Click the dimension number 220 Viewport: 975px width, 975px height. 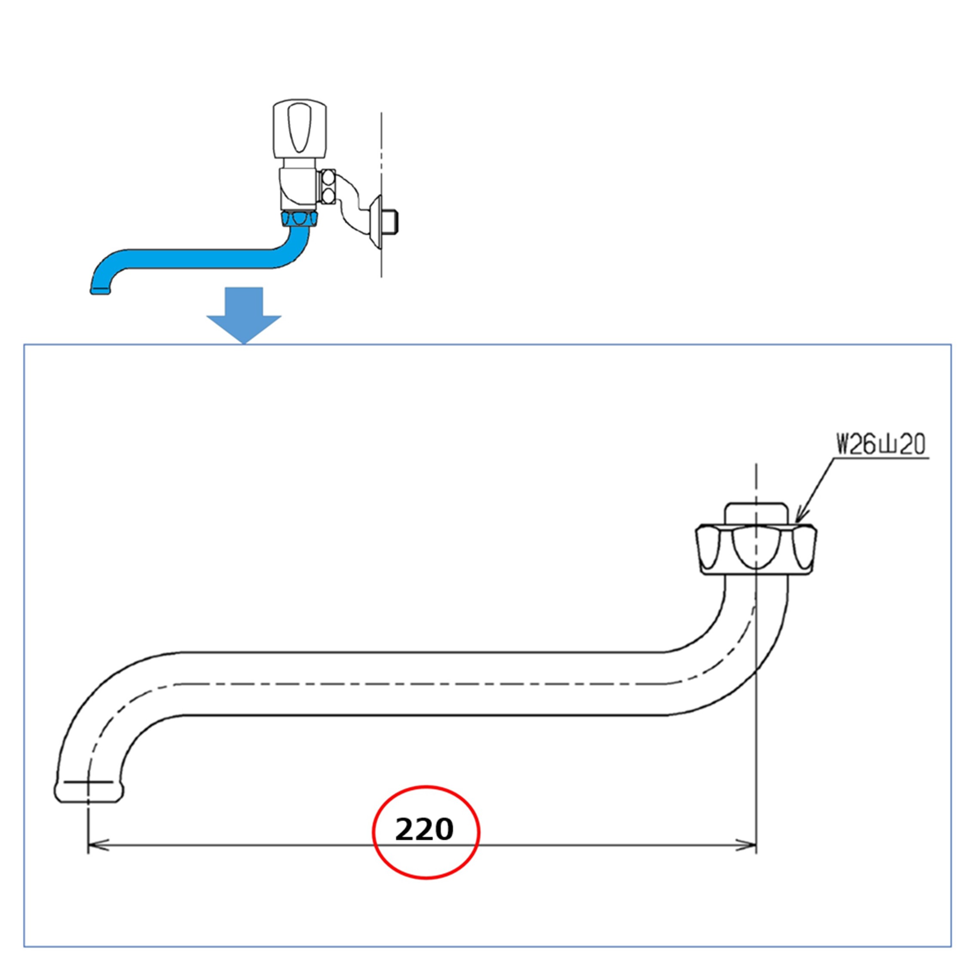pos(424,830)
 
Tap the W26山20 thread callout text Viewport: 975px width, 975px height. pos(880,445)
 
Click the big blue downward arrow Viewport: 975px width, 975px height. pos(244,316)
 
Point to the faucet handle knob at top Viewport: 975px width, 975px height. pos(300,129)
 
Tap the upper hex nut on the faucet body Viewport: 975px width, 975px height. pos(328,178)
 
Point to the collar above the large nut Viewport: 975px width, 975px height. pos(755,513)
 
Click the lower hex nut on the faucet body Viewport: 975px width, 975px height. pos(328,195)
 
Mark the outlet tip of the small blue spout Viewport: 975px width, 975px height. pos(100,291)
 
